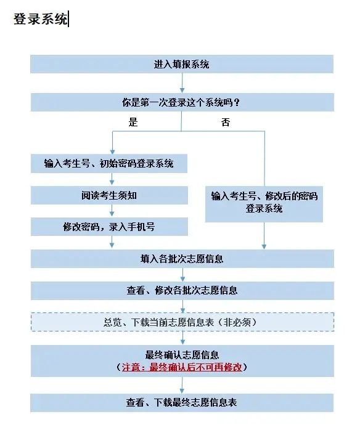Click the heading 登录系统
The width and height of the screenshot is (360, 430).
point(41,19)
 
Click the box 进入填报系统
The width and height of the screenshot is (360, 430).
point(182,64)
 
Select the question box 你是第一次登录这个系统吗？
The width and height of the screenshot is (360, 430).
point(182,102)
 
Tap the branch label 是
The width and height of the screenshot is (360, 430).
point(133,122)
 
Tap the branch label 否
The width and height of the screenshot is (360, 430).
point(226,122)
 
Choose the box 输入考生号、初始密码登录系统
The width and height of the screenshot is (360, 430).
point(108,163)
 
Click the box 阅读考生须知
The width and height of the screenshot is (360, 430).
point(108,195)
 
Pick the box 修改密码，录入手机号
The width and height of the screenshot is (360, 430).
point(108,226)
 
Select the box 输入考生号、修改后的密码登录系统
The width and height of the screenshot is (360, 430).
point(264,202)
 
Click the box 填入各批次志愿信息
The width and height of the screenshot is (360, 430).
point(182,259)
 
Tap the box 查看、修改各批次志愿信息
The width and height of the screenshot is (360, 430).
point(182,290)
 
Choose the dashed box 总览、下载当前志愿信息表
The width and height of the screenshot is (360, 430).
point(182,322)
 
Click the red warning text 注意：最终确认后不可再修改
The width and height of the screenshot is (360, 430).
point(182,367)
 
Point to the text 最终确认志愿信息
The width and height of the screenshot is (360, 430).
point(182,355)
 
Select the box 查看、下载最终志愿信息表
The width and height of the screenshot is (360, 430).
point(182,403)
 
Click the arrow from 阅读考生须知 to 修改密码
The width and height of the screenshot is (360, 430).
point(112,211)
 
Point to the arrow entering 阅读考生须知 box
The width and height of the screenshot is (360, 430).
point(112,179)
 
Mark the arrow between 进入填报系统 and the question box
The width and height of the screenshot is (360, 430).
point(182,83)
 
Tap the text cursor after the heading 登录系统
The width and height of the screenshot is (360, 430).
point(68,19)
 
